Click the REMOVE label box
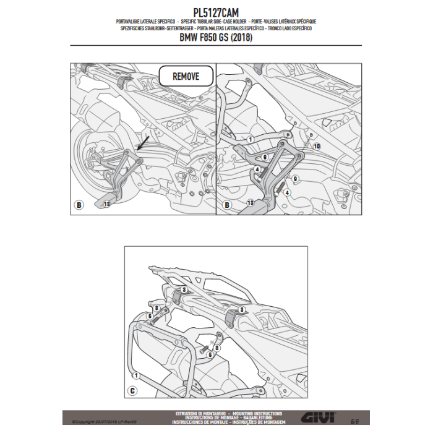pos(186,77)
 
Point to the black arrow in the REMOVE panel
pos(143,144)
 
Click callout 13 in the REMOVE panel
pos(107,204)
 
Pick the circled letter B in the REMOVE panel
pos(79,205)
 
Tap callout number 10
pos(316,147)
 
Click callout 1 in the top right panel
pos(250,140)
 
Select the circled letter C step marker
pos(133,390)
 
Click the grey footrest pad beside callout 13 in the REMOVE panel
pos(98,201)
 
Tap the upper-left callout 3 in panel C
pos(183,290)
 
